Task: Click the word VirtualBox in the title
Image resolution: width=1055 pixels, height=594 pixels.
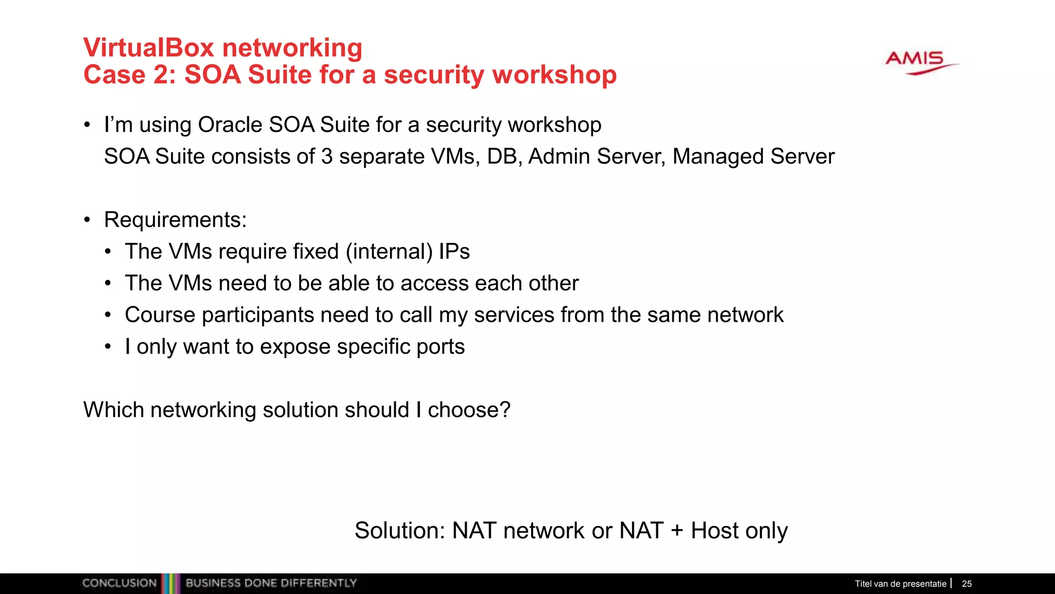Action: (148, 48)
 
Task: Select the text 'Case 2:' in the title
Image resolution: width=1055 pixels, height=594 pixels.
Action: (129, 75)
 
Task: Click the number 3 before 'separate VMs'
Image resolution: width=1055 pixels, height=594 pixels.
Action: (327, 157)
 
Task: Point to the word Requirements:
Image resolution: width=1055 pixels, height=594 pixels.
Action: (175, 220)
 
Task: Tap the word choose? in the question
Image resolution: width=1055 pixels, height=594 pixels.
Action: (469, 410)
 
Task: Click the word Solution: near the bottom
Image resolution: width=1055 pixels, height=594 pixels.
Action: (400, 531)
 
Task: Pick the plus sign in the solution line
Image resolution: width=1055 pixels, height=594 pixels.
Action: (677, 531)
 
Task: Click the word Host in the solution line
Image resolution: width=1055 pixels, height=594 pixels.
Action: (712, 531)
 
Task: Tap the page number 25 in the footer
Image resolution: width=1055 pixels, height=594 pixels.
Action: (966, 584)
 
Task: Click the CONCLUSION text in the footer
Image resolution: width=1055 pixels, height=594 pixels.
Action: (119, 583)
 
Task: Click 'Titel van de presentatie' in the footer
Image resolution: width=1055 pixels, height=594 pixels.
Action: (900, 584)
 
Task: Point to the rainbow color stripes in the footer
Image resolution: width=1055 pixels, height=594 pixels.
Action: (171, 583)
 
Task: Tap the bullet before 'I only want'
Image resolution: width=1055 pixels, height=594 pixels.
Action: (108, 346)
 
